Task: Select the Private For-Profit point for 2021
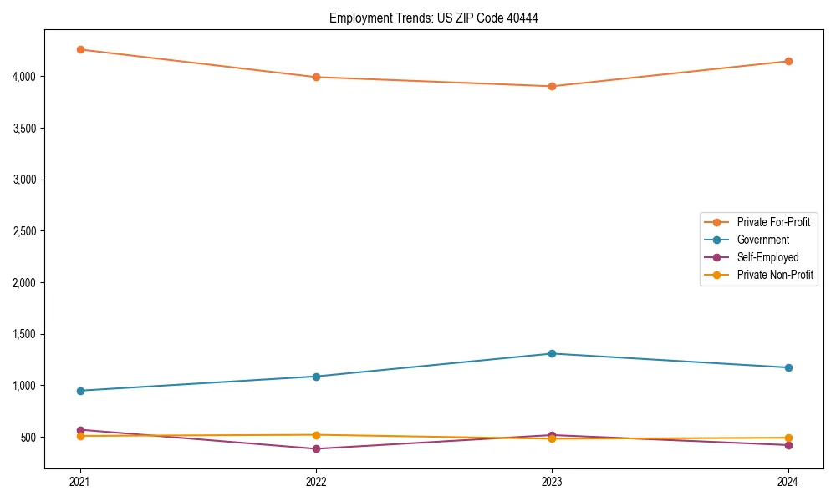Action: coord(80,49)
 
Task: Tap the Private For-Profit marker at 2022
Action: coord(316,77)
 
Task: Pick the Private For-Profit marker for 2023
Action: coord(552,86)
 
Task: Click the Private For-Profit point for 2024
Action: coord(788,61)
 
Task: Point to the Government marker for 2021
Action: coord(80,391)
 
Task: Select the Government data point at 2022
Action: coord(316,377)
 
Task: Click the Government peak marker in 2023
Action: coord(552,353)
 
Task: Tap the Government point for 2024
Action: coord(788,367)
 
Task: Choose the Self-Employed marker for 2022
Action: coord(316,448)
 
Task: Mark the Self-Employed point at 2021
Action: coord(80,430)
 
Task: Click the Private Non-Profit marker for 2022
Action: coord(316,435)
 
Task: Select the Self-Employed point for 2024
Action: coord(788,445)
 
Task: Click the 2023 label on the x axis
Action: coord(552,482)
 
